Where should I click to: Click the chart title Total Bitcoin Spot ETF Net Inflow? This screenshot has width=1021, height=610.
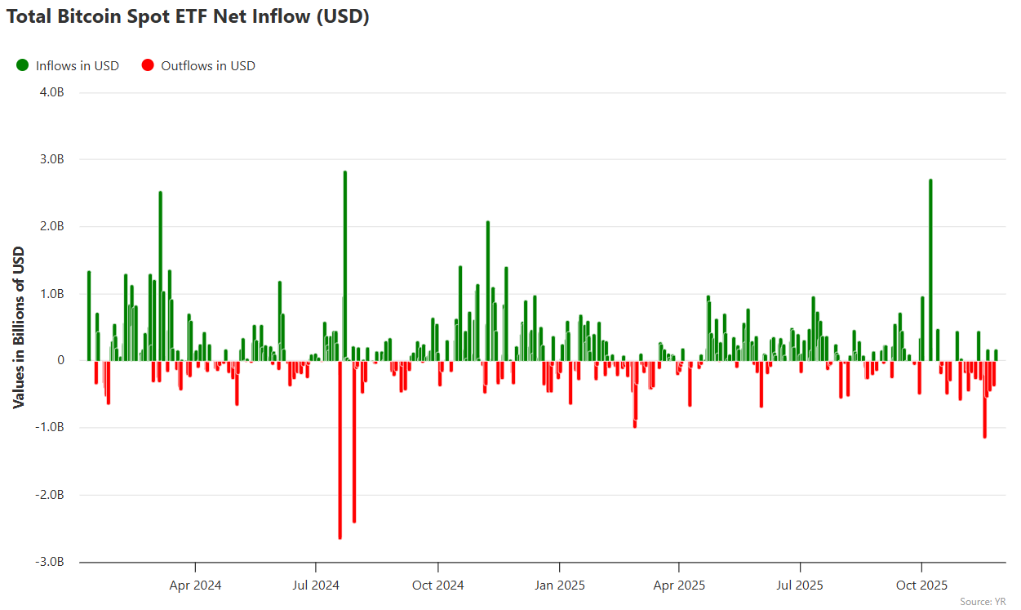188,17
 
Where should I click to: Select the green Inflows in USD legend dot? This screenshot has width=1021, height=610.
22,65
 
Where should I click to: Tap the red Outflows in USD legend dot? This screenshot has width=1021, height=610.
148,65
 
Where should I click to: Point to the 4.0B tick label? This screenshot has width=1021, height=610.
51,92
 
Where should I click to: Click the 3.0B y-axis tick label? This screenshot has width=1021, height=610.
51,159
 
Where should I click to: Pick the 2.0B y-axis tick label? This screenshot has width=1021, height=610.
51,226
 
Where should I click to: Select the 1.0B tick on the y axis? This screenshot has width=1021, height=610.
51,293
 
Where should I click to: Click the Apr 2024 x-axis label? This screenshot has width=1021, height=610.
195,585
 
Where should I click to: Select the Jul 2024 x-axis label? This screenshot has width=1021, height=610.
316,585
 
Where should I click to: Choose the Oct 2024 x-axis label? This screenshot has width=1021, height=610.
437,585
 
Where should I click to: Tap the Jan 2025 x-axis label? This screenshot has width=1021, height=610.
559,585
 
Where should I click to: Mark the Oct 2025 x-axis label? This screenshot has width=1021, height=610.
921,585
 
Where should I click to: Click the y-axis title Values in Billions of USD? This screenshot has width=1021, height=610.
19,327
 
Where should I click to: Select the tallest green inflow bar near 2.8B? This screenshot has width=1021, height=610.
345,261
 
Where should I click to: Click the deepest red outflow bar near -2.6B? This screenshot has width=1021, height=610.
340,449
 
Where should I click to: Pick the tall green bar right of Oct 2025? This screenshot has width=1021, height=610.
930,269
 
